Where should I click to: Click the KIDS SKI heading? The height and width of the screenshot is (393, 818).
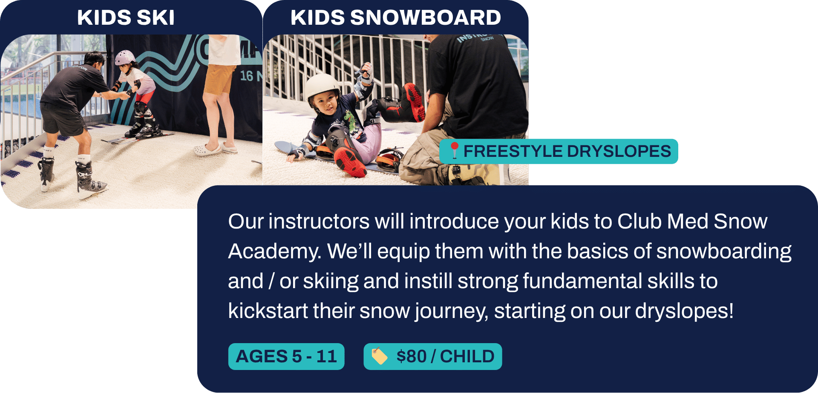(126, 17)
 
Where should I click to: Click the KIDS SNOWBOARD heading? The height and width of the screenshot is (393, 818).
(396, 17)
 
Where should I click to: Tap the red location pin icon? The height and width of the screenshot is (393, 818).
(455, 150)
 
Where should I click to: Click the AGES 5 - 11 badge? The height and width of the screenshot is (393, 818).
(286, 356)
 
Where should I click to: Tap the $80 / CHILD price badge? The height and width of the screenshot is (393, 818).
(433, 356)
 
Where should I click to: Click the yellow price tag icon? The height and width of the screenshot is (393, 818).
(379, 356)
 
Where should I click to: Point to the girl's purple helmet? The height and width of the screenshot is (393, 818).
(124, 57)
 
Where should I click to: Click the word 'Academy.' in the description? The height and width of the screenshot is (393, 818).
(274, 251)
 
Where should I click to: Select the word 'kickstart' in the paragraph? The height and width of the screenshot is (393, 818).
(268, 311)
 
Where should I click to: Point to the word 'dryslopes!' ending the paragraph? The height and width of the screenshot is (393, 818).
(684, 311)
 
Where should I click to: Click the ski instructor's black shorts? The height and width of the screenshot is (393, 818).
(63, 119)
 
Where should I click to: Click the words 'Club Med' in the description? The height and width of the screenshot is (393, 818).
(662, 222)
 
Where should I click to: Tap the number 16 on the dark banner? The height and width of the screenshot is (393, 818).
(246, 76)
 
